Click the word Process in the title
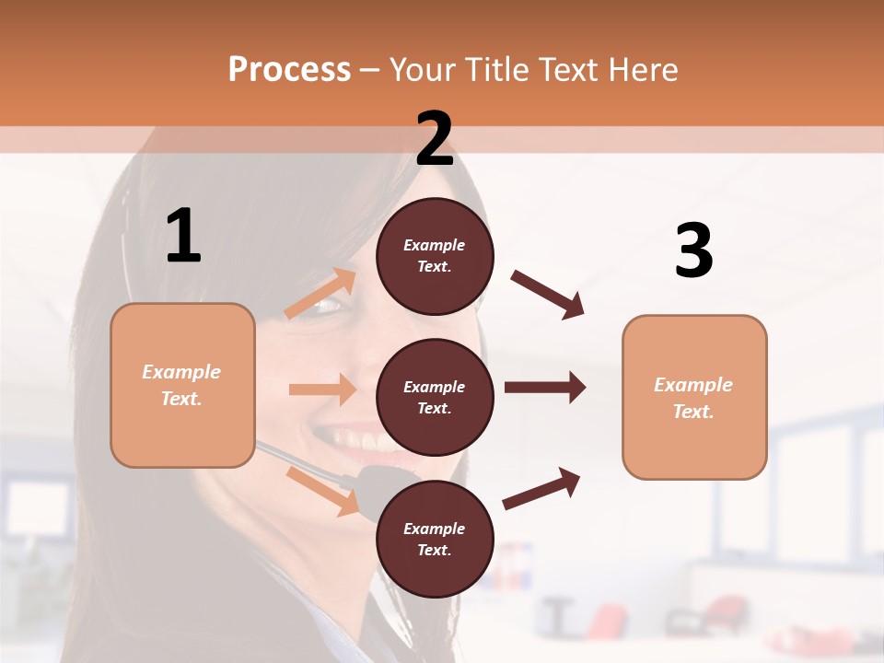pos(289,69)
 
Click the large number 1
pos(183,237)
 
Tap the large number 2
pos(435,139)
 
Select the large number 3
pos(693,250)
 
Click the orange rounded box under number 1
pos(182,385)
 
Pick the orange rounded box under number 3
pos(694,398)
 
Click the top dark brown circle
pos(435,256)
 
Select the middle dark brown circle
pos(435,397)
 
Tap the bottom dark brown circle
pos(435,539)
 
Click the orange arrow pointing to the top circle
pos(320,294)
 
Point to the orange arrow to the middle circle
pos(322,390)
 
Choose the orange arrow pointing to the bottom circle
pos(322,490)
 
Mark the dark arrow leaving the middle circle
pos(545,387)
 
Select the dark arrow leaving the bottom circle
pos(541,489)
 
